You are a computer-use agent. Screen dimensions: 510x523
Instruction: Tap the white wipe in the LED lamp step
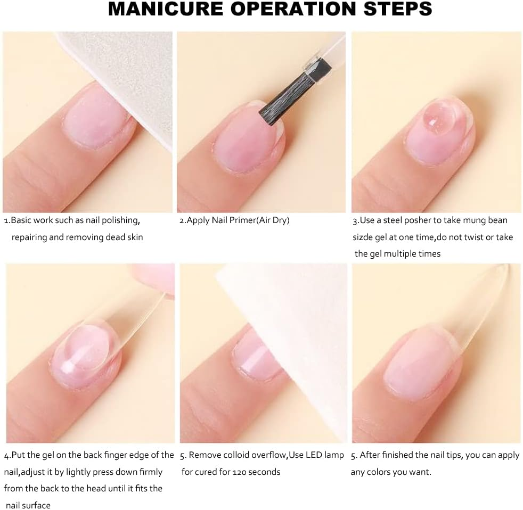point(298,341)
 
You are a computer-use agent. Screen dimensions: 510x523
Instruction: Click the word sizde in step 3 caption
point(363,237)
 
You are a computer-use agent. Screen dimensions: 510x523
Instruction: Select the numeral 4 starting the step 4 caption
point(6,455)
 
